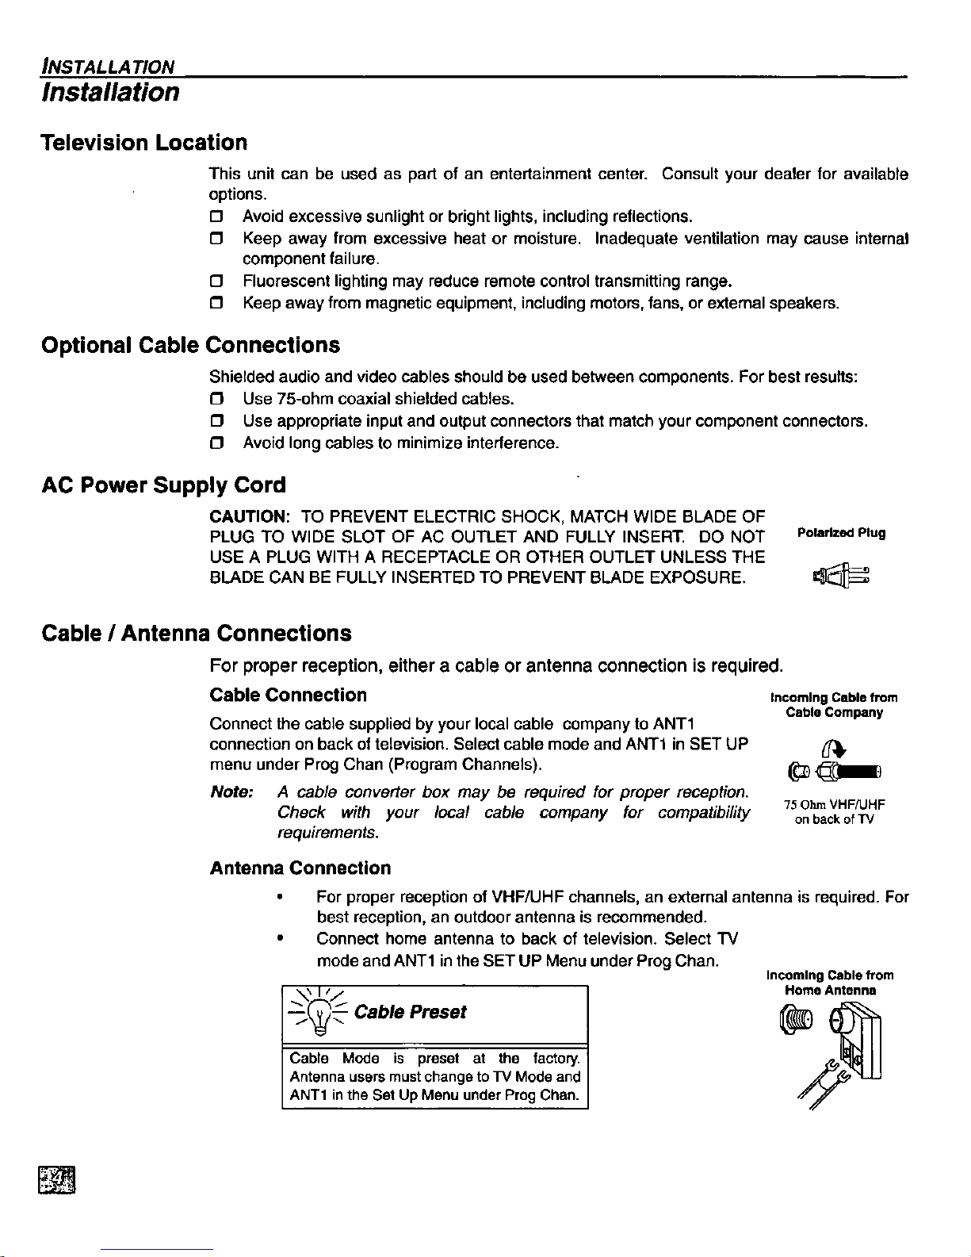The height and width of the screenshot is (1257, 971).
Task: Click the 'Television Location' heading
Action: pyautogui.click(x=144, y=143)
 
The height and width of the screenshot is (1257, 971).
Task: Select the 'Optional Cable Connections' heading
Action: pyautogui.click(x=190, y=346)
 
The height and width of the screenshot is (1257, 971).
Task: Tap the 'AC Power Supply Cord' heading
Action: pyautogui.click(x=163, y=485)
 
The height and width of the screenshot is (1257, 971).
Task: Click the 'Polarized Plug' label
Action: pyautogui.click(x=840, y=533)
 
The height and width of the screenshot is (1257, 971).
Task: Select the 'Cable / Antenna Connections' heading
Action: pyautogui.click(x=196, y=634)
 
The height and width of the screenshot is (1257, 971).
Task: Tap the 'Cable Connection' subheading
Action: pyautogui.click(x=288, y=696)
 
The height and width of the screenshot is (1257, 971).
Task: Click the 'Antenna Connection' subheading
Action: pyautogui.click(x=300, y=868)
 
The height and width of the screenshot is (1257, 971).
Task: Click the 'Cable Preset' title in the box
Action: pyautogui.click(x=410, y=1013)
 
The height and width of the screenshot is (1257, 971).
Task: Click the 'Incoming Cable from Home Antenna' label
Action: pyautogui.click(x=830, y=983)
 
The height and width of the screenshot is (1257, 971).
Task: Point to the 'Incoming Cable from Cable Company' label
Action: pyautogui.click(x=834, y=705)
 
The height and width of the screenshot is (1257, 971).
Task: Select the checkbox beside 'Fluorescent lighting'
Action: pyautogui.click(x=215, y=282)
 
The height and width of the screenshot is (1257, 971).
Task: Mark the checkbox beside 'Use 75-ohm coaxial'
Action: pyautogui.click(x=215, y=398)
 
